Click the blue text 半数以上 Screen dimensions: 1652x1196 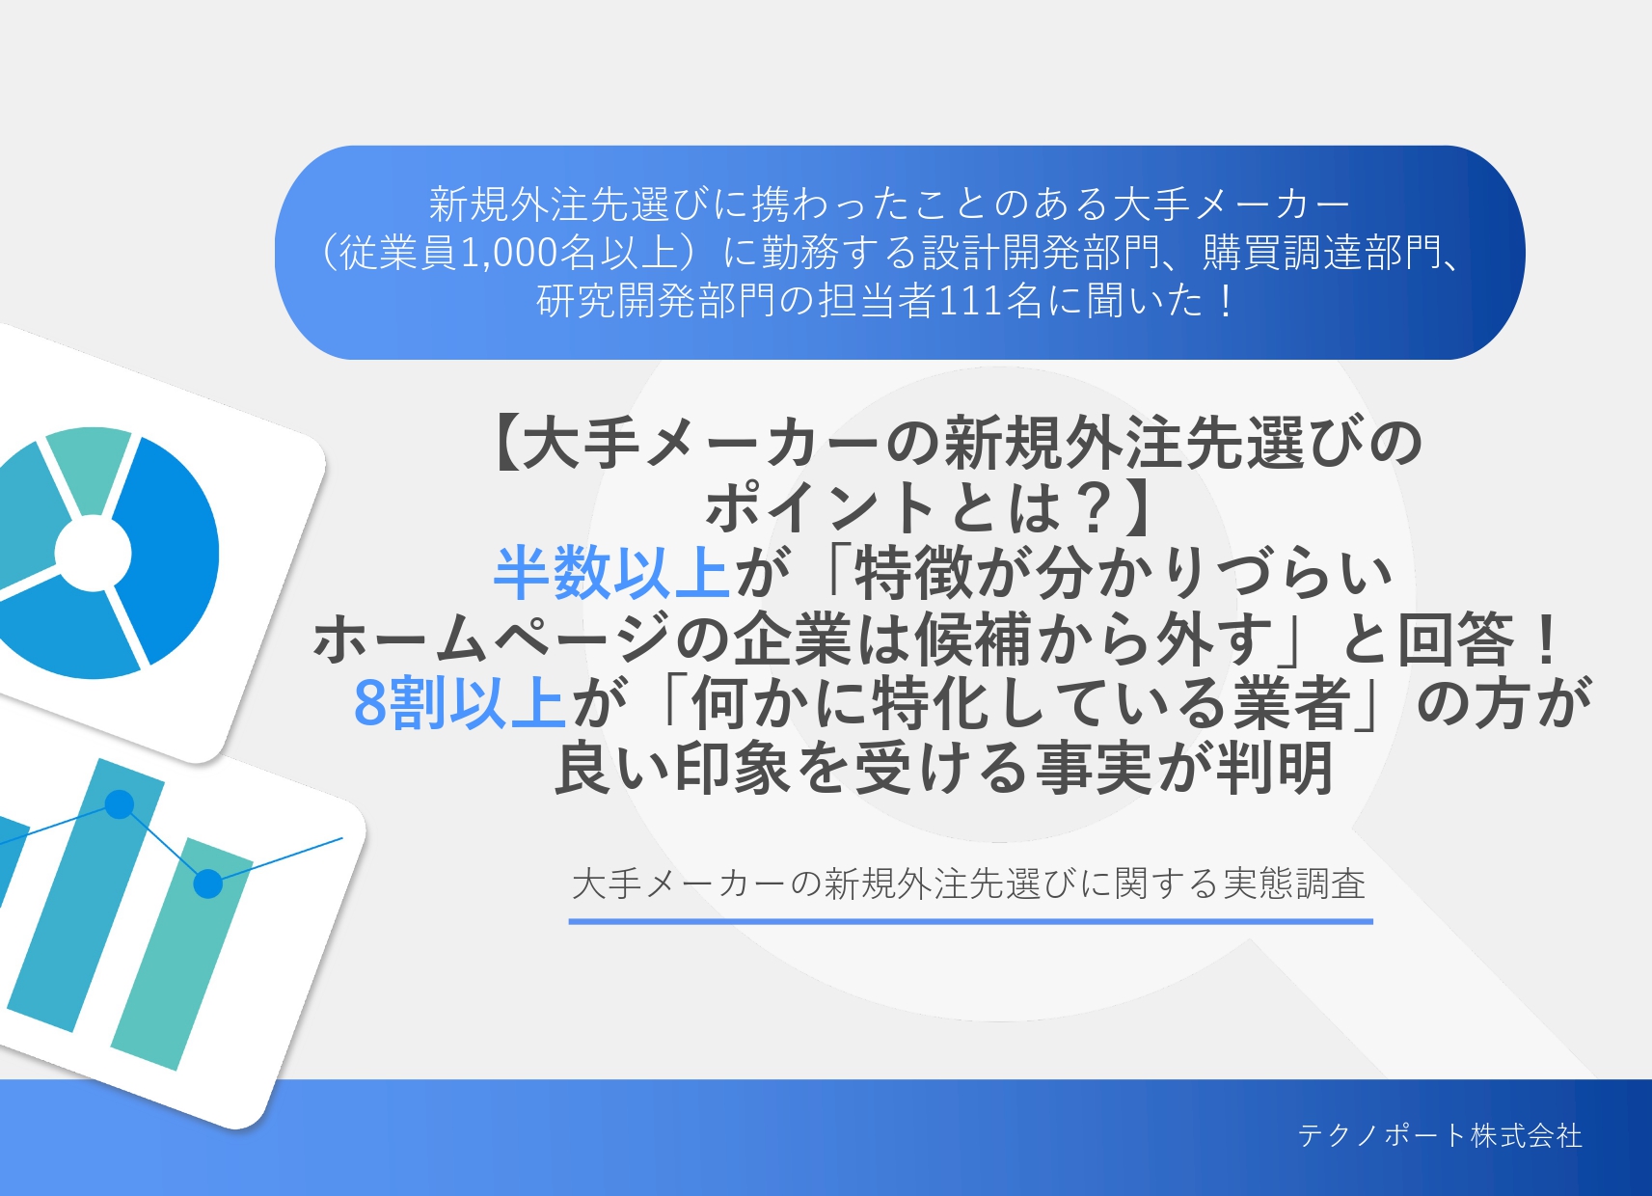click(611, 573)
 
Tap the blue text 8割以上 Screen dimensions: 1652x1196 click(459, 703)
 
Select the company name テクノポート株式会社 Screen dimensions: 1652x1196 click(1440, 1135)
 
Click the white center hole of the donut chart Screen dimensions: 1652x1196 click(93, 554)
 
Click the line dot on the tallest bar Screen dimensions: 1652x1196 click(120, 803)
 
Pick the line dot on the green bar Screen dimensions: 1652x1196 click(208, 883)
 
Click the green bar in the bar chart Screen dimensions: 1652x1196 click(181, 953)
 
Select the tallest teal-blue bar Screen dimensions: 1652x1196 click(86, 894)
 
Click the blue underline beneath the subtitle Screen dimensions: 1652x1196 click(970, 921)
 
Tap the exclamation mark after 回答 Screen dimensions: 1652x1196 click(1547, 639)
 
